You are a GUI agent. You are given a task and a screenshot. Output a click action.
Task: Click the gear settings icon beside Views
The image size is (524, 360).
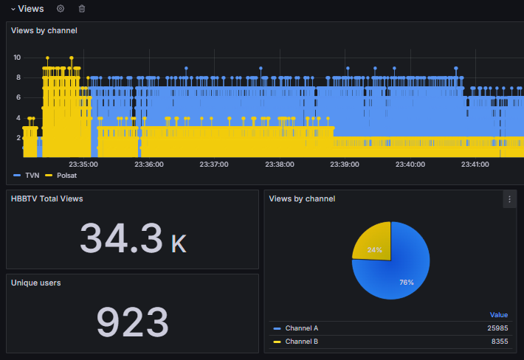pos(61,9)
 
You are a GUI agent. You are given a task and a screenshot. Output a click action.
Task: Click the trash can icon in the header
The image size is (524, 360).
pos(82,9)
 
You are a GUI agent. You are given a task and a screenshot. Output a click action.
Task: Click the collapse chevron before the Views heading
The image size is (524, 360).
pos(13,9)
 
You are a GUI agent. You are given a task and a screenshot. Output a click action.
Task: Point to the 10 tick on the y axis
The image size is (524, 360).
pos(17,58)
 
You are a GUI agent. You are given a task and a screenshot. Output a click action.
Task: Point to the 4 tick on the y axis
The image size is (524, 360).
pos(18,118)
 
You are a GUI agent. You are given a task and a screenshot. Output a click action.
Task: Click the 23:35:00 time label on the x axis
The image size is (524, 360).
pos(83,165)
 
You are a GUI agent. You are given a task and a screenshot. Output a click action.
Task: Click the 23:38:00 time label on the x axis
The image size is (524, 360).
pos(280,165)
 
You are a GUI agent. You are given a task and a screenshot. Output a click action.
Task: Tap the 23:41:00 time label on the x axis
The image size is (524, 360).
pos(475,165)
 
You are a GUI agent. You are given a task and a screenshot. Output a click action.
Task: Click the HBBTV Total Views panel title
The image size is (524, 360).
pos(47,198)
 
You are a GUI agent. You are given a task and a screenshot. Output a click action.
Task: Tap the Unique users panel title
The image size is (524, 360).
pos(36,283)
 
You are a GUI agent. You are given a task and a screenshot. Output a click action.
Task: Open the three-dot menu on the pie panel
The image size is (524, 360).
pos(509,199)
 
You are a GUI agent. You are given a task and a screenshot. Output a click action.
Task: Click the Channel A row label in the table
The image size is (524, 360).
pos(301,328)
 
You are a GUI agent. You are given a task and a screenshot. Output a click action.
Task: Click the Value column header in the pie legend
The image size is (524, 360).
pos(499,314)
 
